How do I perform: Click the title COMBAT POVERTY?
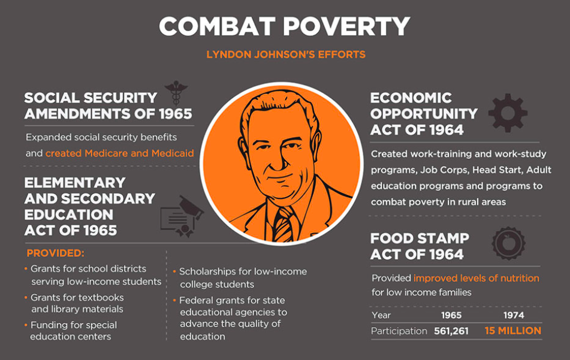click(285, 26)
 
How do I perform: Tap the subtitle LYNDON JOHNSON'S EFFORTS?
click(285, 55)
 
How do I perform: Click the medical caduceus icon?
click(176, 94)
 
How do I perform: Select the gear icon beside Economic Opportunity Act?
click(508, 113)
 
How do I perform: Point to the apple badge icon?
click(508, 243)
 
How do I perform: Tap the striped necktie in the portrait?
click(284, 225)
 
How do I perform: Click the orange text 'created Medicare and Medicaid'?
click(120, 153)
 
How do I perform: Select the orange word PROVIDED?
click(55, 253)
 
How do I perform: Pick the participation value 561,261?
click(451, 331)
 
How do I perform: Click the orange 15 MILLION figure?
click(512, 331)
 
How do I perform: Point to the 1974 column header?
click(514, 315)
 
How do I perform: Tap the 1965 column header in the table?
click(451, 315)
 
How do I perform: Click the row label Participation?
click(399, 331)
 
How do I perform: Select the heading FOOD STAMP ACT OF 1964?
click(420, 246)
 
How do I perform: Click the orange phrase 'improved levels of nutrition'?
click(476, 278)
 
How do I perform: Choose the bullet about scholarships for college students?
click(243, 278)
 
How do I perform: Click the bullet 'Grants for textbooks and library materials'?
click(77, 303)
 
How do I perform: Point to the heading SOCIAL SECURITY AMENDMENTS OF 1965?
click(108, 105)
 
